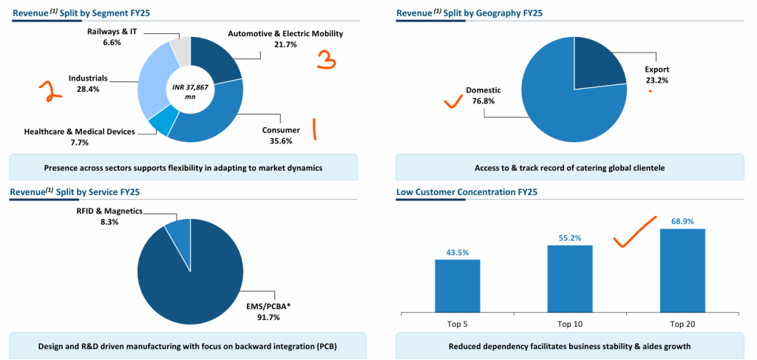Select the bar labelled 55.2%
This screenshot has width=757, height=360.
[569, 278]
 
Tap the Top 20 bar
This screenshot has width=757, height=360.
[682, 270]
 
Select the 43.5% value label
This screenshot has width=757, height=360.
[457, 252]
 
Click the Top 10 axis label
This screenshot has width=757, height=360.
[569, 324]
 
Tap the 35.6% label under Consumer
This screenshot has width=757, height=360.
[281, 141]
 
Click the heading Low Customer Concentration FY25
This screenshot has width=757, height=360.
[466, 192]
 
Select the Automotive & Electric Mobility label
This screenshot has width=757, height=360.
[285, 34]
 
